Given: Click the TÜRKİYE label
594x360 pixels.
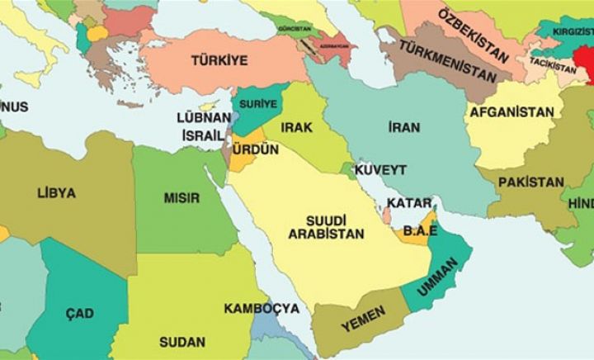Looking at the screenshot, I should [219, 60].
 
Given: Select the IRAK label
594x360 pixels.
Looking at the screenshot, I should [296, 127].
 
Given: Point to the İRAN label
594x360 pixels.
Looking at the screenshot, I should [403, 127].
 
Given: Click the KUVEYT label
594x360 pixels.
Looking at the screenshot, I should [380, 169].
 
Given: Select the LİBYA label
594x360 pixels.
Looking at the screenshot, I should [56, 193].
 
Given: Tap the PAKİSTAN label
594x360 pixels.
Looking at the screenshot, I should [531, 182].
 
